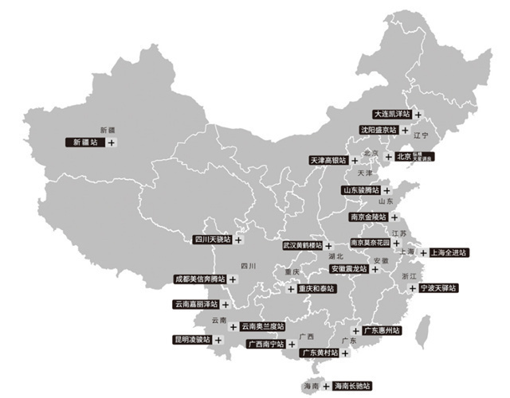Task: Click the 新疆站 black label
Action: pos(84,142)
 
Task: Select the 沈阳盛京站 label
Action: pos(377,130)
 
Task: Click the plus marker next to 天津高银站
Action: pos(355,160)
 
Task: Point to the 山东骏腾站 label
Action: pos(361,190)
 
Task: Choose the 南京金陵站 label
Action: pos(368,217)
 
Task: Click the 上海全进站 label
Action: pos(448,252)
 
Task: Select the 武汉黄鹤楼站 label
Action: pos(303,246)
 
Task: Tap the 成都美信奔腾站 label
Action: pos(200,280)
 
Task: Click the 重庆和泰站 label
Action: pos(317,289)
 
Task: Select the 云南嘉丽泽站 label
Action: pos(195,304)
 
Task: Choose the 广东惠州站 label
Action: pos(382,330)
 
